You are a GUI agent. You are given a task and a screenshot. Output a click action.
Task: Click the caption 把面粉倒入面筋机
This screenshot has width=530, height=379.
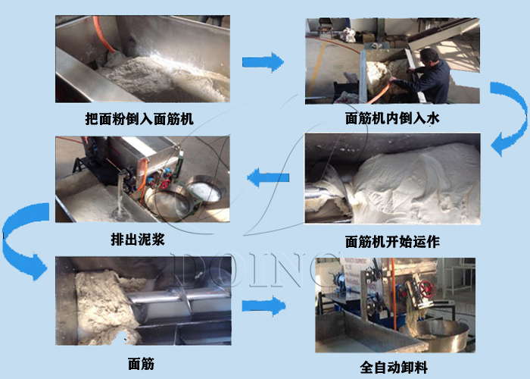click(x=139, y=119)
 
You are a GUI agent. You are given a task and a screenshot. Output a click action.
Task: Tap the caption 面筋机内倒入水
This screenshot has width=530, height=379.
click(x=392, y=118)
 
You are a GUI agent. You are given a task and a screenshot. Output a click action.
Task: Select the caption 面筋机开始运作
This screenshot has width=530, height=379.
click(x=392, y=242)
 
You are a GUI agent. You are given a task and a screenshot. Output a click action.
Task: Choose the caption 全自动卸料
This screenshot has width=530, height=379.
click(x=394, y=368)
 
